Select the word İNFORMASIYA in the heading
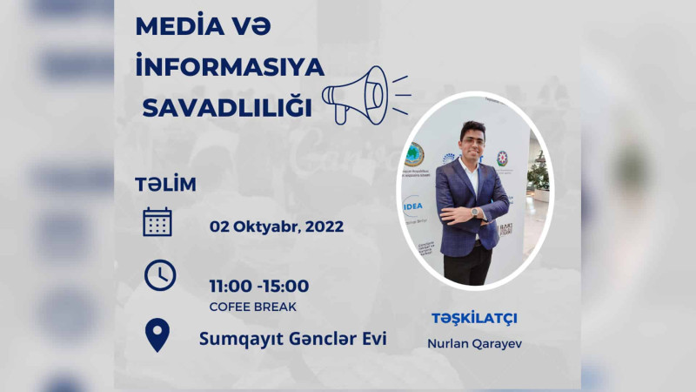tap(230, 67)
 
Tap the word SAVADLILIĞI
tap(226, 108)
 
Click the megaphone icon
tap(358, 93)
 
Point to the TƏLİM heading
tap(165, 185)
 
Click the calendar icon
tap(157, 222)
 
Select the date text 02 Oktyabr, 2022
tap(276, 226)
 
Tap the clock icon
tap(159, 275)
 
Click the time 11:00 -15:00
tap(258, 286)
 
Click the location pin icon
tap(157, 335)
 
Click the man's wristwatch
tap(474, 212)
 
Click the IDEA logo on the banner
tap(413, 206)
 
